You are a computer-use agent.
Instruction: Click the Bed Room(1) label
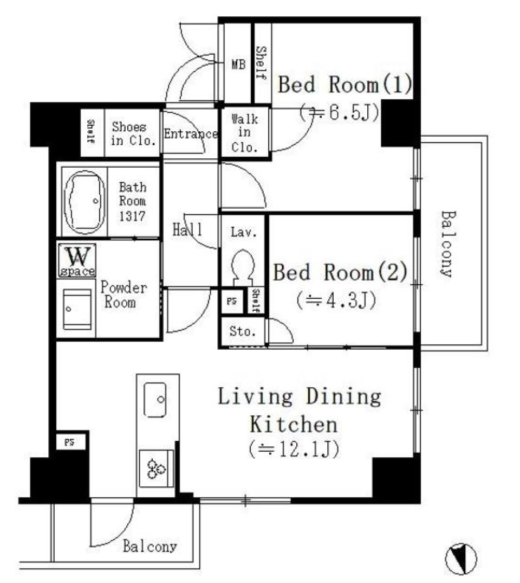[x=345, y=85]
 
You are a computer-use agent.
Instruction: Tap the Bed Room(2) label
[x=340, y=272]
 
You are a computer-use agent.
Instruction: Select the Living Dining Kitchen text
[x=300, y=410]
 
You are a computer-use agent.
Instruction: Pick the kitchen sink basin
[x=155, y=400]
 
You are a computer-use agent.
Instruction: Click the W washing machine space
[x=76, y=260]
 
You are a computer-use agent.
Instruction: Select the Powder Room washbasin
[x=77, y=309]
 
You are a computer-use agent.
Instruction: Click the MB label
[x=238, y=65]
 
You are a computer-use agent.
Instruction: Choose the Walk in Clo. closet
[x=244, y=133]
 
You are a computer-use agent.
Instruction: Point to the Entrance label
[x=190, y=134]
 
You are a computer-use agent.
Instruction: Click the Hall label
[x=187, y=229]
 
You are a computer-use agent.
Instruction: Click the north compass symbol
[x=461, y=558]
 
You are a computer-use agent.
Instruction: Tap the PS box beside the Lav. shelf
[x=232, y=302]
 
